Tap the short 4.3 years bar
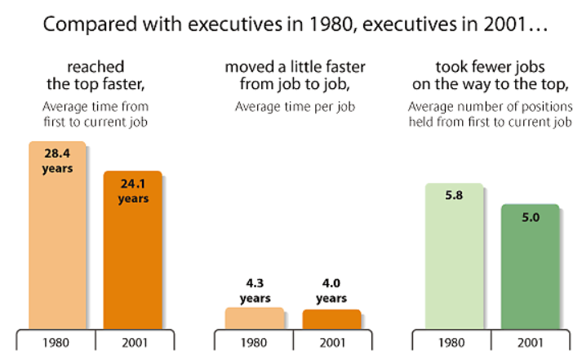(x=254, y=318)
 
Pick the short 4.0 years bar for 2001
(x=331, y=319)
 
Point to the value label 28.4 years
(x=57, y=162)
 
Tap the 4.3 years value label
(x=254, y=291)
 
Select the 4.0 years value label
(x=331, y=291)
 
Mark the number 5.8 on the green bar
(x=453, y=198)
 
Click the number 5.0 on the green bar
(x=530, y=218)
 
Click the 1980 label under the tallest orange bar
(x=56, y=343)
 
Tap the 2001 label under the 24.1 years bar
(x=132, y=343)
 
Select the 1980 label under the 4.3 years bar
(x=254, y=343)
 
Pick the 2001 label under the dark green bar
(x=530, y=343)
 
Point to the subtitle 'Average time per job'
(x=292, y=106)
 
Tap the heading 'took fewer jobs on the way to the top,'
(x=490, y=74)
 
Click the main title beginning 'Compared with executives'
(x=291, y=24)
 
